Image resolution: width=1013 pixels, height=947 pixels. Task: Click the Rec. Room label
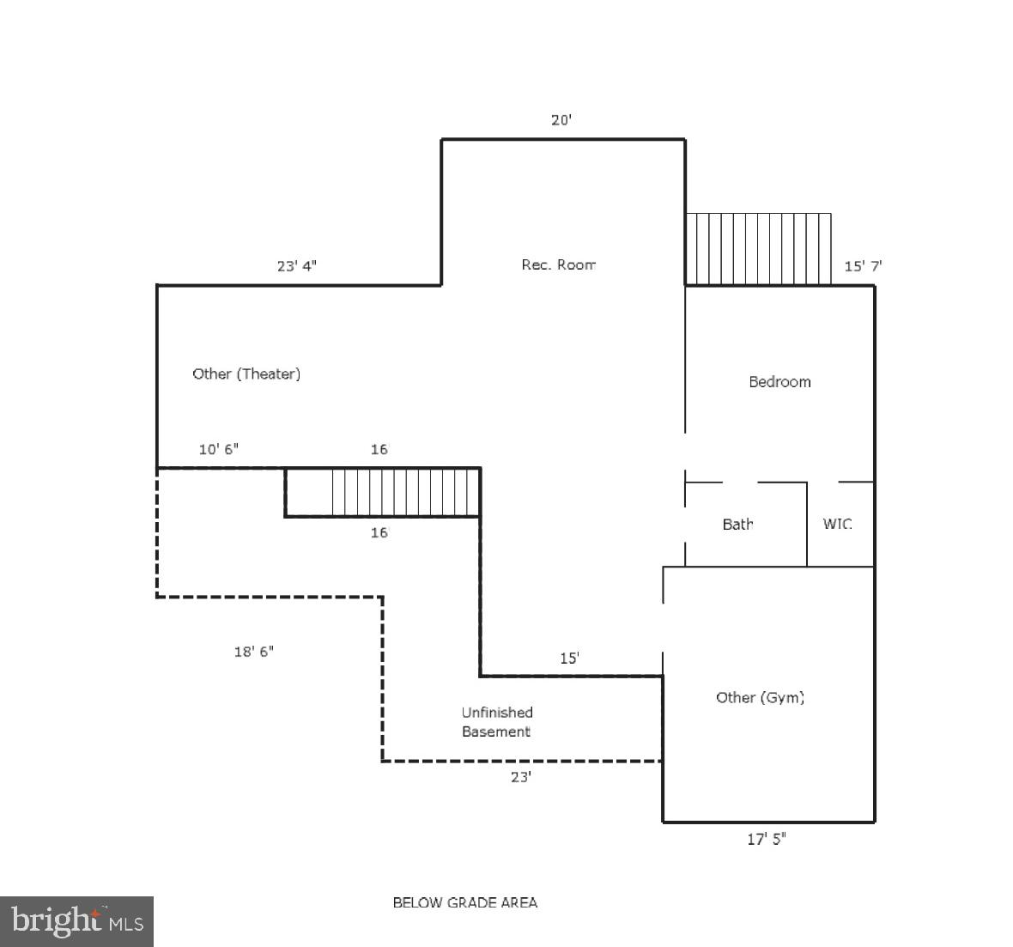pyautogui.click(x=558, y=264)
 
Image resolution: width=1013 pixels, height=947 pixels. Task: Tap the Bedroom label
pyautogui.click(x=779, y=382)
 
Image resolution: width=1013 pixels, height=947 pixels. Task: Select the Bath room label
pyautogui.click(x=737, y=524)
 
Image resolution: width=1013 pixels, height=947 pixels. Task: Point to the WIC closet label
pyautogui.click(x=837, y=524)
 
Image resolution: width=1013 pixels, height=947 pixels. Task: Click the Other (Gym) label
pyautogui.click(x=760, y=697)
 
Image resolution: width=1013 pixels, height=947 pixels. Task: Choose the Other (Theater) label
pyautogui.click(x=246, y=373)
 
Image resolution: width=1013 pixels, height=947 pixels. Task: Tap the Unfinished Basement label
pyautogui.click(x=497, y=722)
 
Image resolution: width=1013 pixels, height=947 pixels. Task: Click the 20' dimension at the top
pyautogui.click(x=561, y=120)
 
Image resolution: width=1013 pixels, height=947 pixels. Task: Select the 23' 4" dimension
pyautogui.click(x=296, y=266)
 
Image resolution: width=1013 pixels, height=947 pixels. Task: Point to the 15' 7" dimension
pyautogui.click(x=863, y=266)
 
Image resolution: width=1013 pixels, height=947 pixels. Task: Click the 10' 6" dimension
pyautogui.click(x=218, y=449)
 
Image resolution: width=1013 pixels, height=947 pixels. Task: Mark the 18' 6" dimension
pyautogui.click(x=254, y=652)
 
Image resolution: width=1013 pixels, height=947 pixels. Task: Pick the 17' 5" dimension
pyautogui.click(x=766, y=840)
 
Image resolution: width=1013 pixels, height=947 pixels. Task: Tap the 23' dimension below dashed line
pyautogui.click(x=521, y=778)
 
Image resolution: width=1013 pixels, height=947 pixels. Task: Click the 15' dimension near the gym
pyautogui.click(x=569, y=659)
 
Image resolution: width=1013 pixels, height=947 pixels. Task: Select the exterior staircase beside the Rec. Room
pyautogui.click(x=758, y=249)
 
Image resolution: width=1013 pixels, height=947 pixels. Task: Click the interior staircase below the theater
pyautogui.click(x=403, y=492)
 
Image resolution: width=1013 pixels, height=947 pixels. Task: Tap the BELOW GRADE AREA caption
pyautogui.click(x=464, y=902)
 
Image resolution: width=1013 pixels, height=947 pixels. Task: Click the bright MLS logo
pyautogui.click(x=77, y=922)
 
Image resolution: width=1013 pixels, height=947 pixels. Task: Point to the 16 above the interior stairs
pyautogui.click(x=379, y=449)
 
